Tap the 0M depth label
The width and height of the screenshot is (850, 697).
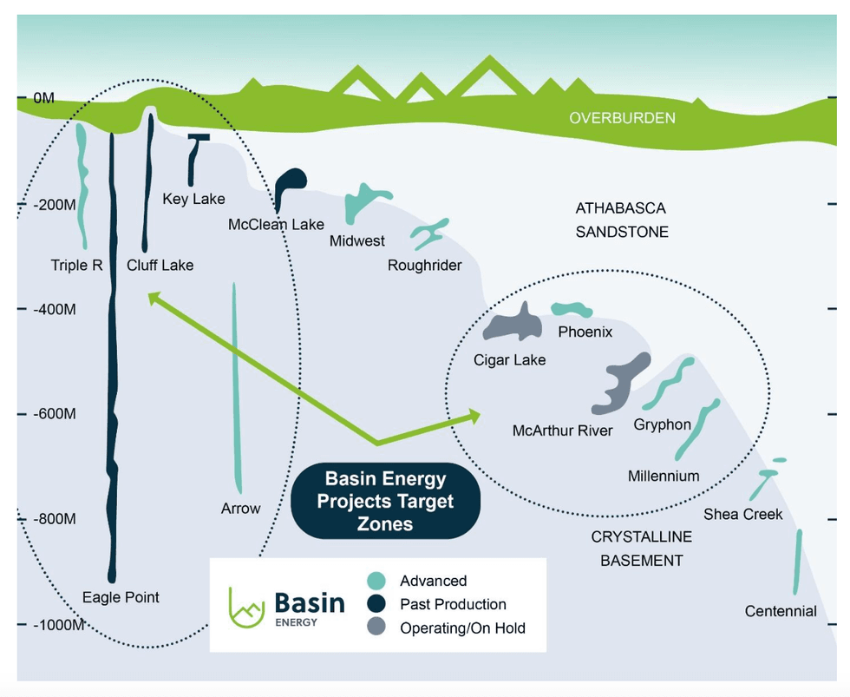[44, 99]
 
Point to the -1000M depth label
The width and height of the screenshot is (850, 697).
[58, 625]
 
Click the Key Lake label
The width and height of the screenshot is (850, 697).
[193, 200]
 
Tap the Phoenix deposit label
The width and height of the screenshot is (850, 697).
[585, 332]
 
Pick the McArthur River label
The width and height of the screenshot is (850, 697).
[562, 431]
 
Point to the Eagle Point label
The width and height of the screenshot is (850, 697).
[121, 597]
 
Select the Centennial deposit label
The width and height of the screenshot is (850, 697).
[781, 611]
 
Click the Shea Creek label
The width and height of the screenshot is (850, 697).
[742, 515]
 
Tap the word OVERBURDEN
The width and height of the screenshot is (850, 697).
[622, 118]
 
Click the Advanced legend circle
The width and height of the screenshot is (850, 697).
[376, 582]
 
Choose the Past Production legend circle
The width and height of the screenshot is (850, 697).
[376, 604]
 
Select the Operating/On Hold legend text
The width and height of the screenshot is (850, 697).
[462, 628]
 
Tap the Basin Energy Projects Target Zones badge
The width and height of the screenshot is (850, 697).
[385, 502]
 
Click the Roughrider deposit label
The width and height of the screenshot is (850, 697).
[424, 266]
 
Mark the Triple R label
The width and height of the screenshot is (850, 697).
[76, 266]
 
